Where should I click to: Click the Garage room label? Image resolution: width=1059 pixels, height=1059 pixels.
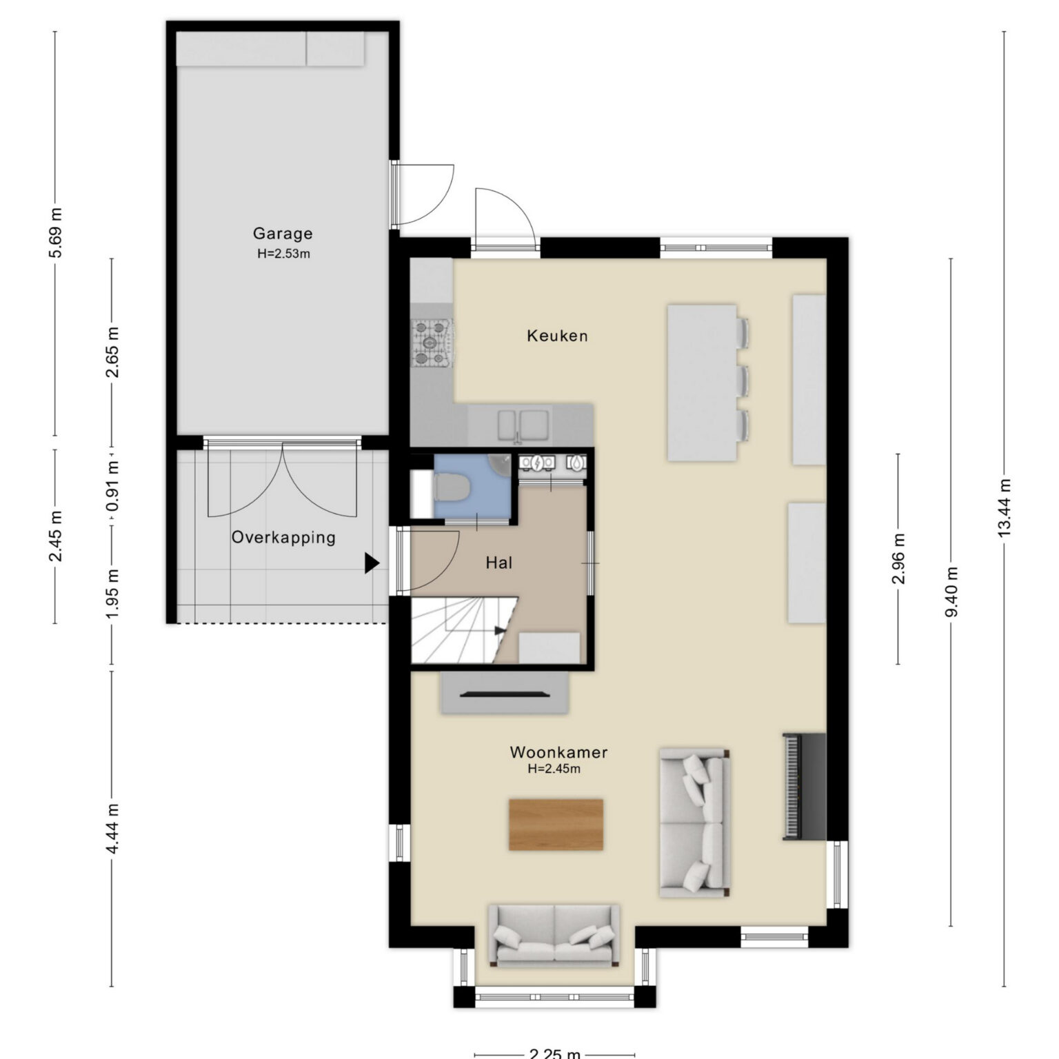click(283, 234)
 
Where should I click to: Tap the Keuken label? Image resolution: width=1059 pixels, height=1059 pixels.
click(557, 336)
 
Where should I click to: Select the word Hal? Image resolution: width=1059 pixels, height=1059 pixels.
click(498, 563)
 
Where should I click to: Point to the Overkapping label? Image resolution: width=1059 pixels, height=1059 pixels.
click(283, 538)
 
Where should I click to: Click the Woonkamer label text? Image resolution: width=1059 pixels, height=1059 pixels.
click(558, 752)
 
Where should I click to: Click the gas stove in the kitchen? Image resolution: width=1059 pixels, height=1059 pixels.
click(432, 342)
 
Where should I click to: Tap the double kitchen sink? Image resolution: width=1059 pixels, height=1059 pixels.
click(524, 424)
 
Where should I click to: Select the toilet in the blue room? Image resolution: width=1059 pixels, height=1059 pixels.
click(452, 487)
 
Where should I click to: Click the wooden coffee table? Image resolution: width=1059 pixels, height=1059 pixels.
click(556, 825)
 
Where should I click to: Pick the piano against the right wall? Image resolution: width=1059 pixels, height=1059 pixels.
click(804, 787)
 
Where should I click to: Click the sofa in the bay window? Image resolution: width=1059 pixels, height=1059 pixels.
click(554, 935)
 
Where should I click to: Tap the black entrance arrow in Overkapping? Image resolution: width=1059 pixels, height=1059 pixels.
click(372, 563)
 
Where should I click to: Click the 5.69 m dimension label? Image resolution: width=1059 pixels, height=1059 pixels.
click(55, 232)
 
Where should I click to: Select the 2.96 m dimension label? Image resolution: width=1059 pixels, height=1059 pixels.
click(898, 559)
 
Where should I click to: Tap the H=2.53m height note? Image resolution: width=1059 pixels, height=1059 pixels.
click(283, 254)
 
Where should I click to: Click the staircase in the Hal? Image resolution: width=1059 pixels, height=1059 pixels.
click(464, 631)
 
